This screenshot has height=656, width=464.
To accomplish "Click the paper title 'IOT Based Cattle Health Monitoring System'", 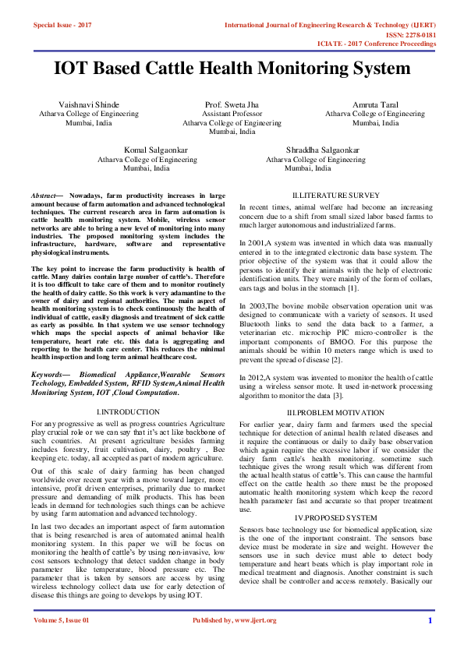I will tap(232, 69).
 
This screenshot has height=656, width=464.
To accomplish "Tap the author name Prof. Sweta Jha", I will tap(232, 104).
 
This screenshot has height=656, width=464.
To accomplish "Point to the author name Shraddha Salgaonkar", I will tap(313, 150).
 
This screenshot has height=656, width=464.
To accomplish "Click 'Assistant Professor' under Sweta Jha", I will tap(232, 114).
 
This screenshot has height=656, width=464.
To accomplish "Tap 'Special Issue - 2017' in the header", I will tap(62, 26).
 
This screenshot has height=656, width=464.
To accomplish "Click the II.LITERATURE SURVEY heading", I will tap(335, 194).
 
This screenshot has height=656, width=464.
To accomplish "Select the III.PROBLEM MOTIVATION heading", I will tap(335, 412).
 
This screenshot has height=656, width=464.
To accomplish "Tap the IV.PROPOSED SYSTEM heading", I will tap(335, 517).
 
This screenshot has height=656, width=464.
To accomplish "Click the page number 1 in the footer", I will tap(430, 621).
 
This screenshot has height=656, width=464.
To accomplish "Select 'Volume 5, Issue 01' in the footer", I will tap(62, 621).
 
